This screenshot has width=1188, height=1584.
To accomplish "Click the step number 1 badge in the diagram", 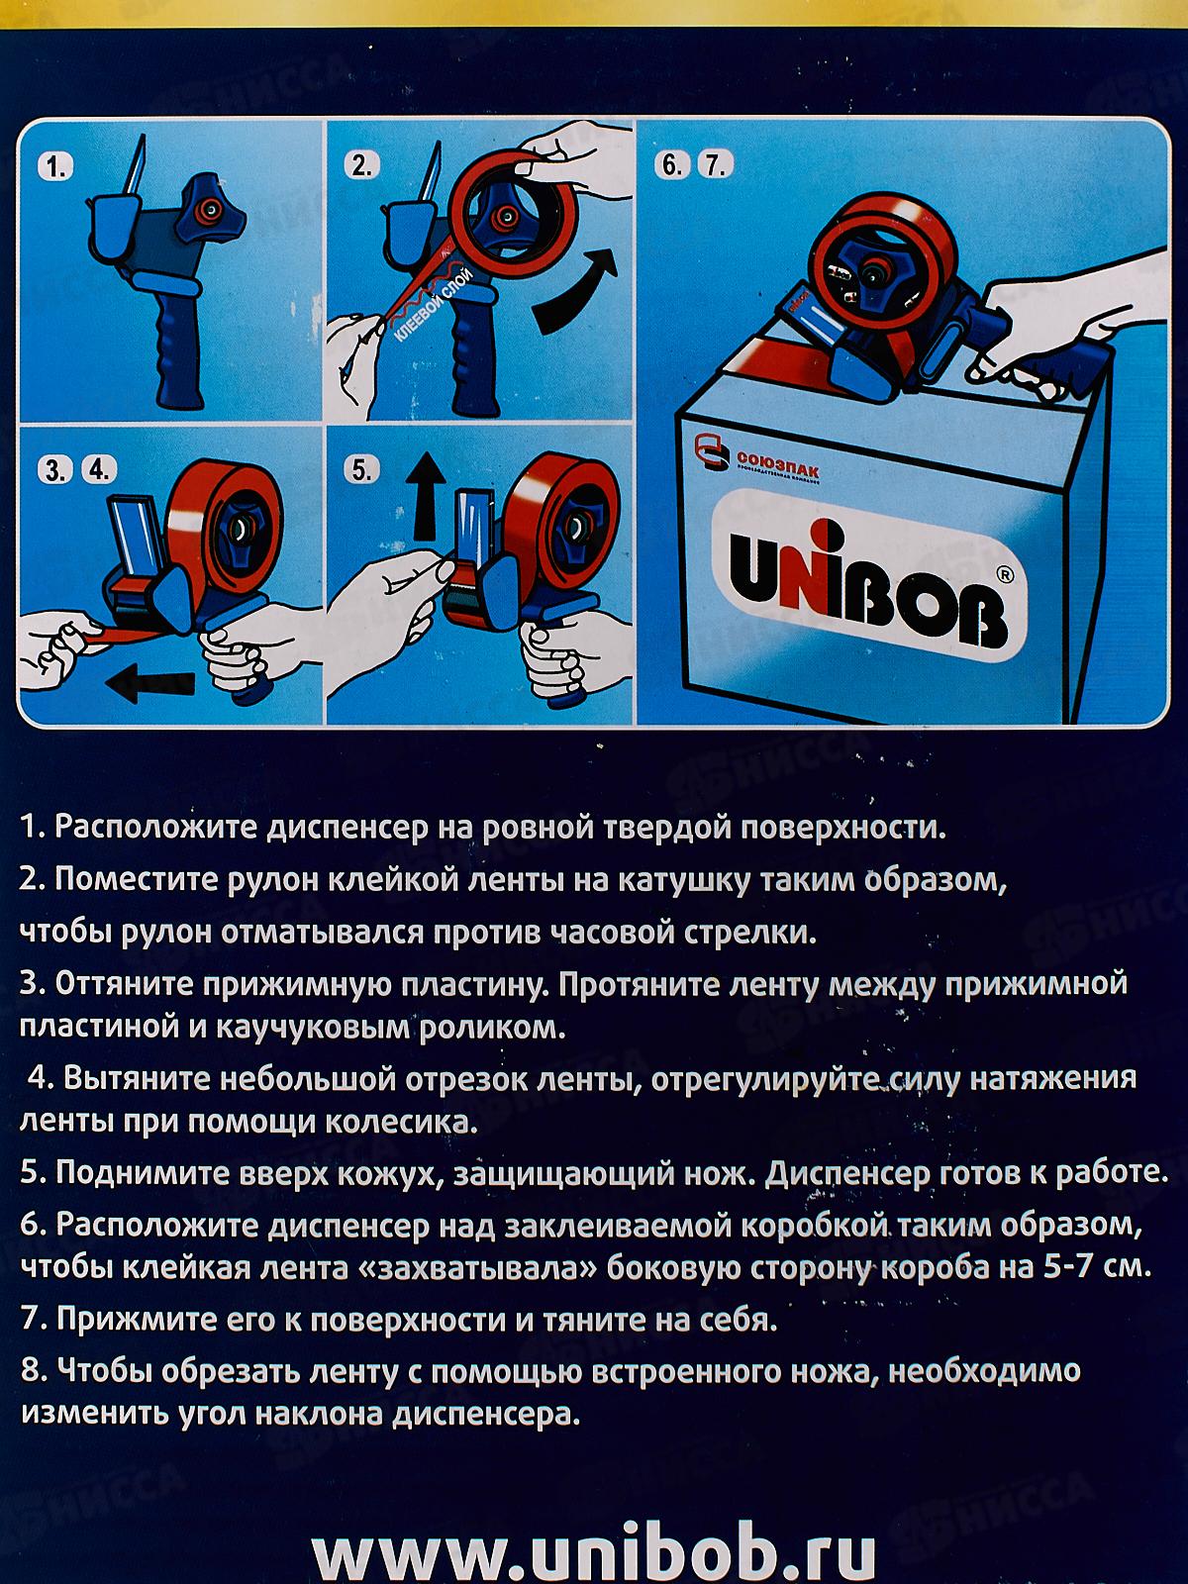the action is [x=54, y=169].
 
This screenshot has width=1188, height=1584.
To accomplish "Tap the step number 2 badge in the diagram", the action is [x=362, y=166].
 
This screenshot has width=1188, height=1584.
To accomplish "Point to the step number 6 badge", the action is [x=671, y=165].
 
